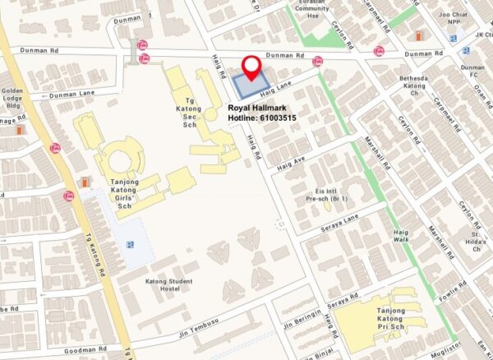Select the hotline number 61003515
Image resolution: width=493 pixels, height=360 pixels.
pyautogui.click(x=262, y=119)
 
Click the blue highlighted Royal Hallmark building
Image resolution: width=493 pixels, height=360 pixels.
pyautogui.click(x=250, y=85)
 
